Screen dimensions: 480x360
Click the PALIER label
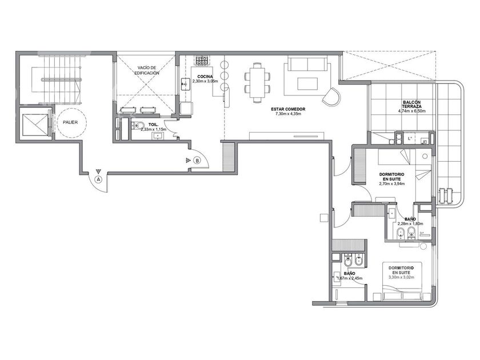[70, 122]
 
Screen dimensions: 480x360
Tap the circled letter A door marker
[98, 179]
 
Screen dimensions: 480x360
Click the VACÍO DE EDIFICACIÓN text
[147, 70]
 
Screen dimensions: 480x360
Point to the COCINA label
[205, 77]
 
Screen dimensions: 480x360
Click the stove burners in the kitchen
[202, 60]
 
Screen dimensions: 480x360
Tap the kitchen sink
[185, 83]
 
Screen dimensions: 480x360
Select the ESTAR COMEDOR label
[288, 109]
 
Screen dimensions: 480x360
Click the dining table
[257, 82]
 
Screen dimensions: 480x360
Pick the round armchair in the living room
[331, 95]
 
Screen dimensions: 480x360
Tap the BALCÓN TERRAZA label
[412, 104]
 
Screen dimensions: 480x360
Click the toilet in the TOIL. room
[139, 125]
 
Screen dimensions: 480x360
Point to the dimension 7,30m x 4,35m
[288, 114]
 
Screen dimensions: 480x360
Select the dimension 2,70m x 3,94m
[391, 183]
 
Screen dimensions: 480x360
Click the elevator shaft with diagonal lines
[34, 125]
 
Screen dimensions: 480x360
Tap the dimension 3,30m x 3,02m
[401, 277]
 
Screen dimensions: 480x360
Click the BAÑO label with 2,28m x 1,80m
[410, 219]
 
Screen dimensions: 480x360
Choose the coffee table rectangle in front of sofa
[307, 82]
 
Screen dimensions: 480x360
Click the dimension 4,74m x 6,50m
[412, 111]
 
